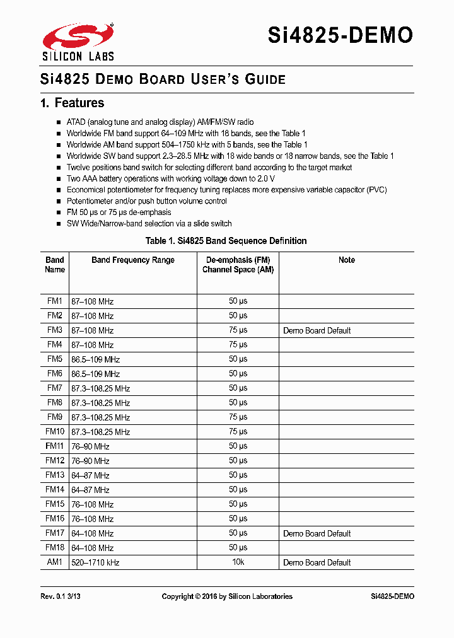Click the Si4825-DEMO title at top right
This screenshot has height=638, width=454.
[340, 35]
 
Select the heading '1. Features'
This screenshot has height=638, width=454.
[72, 103]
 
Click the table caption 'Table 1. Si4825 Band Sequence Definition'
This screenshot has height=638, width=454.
[226, 241]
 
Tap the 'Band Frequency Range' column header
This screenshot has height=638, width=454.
[133, 260]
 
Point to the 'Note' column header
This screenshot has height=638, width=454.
[346, 260]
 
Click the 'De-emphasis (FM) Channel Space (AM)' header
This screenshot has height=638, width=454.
[238, 265]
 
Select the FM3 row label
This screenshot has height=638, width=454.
[55, 330]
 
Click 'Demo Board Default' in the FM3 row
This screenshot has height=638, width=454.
[317, 330]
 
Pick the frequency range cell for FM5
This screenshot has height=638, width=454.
[95, 359]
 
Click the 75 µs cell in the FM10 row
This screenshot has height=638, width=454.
[238, 432]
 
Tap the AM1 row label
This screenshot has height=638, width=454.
[55, 562]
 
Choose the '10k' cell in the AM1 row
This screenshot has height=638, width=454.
[238, 562]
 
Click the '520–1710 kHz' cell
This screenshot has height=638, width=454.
[95, 562]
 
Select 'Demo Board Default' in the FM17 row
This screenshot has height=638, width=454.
[317, 533]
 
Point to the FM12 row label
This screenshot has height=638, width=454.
[55, 461]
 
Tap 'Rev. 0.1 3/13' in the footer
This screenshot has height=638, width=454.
[60, 596]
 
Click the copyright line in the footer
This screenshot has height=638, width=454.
[227, 596]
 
